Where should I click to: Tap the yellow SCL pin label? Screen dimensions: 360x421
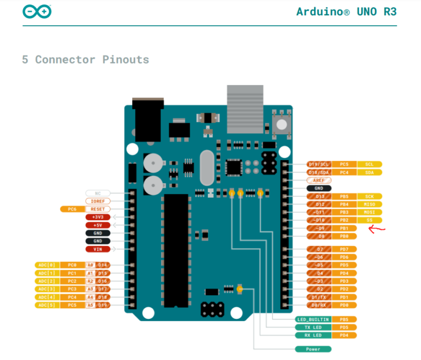[x=369, y=164]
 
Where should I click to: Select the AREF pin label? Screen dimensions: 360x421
[x=318, y=180]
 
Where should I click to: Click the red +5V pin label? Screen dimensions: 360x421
[x=98, y=225]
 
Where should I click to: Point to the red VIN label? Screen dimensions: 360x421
[x=98, y=249]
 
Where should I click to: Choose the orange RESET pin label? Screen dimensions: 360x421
[x=98, y=209]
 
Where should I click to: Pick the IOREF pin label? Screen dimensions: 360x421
[x=98, y=201]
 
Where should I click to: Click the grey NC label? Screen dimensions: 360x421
[x=98, y=193]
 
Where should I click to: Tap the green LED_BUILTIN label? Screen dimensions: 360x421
[x=313, y=319]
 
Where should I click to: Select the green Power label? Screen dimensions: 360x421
[x=313, y=349]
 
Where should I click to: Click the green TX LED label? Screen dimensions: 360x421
[x=313, y=327]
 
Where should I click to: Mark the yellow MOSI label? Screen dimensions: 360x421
[x=369, y=212]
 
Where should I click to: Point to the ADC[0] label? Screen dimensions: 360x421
[x=46, y=265]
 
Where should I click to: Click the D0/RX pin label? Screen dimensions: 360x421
[x=318, y=305]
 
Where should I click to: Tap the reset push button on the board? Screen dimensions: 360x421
[x=281, y=124]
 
